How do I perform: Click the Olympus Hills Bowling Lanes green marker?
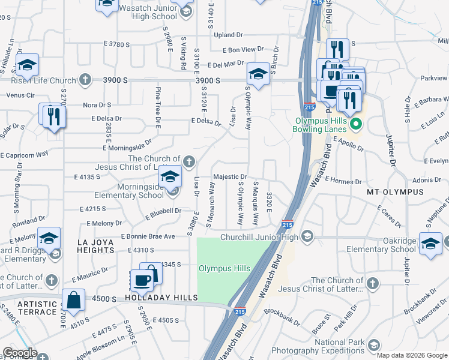tap(355, 125)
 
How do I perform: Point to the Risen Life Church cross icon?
tap(86, 80)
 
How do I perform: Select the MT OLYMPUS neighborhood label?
tap(394, 192)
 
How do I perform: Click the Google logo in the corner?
tap(19, 353)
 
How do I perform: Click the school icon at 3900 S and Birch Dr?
tap(258, 74)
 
